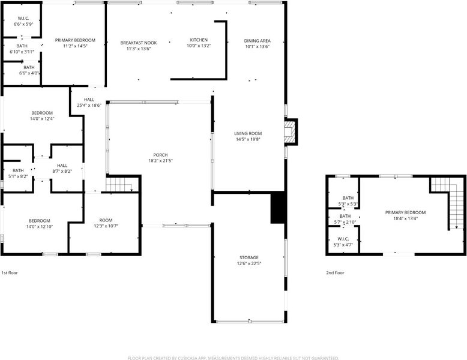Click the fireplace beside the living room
[x=291, y=132]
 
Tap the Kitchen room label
[x=199, y=40]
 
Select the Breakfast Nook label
[x=139, y=43]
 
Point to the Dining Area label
[x=258, y=41]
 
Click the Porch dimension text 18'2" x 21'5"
[x=160, y=161]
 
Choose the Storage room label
[x=249, y=257]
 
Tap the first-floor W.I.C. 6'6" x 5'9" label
[x=23, y=21]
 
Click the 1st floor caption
[x=10, y=273]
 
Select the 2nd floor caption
[x=335, y=273]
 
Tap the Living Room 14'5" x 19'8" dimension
[x=248, y=139]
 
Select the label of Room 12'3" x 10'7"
[x=106, y=223]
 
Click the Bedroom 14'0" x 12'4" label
[x=42, y=116]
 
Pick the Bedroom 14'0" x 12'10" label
[x=39, y=224]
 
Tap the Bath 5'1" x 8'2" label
[x=18, y=173]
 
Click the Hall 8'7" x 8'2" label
[x=62, y=168]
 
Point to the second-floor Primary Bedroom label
[x=405, y=212]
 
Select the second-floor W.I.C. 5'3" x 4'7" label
[x=343, y=242]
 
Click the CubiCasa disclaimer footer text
[x=233, y=358]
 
